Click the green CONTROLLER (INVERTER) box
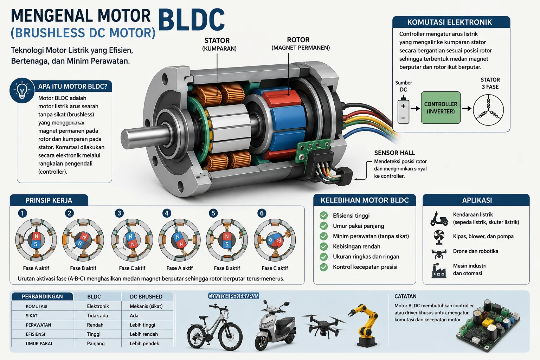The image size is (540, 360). (x=441, y=108)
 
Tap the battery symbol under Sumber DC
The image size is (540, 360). (x=403, y=110)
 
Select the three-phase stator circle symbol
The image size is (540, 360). (x=488, y=110)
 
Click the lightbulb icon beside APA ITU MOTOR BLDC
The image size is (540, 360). (x=22, y=90)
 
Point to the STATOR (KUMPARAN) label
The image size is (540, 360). (x=219, y=44)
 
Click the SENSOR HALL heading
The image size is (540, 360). (x=394, y=153)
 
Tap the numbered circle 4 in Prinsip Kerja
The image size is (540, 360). (x=167, y=213)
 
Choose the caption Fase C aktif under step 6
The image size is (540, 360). (x=275, y=268)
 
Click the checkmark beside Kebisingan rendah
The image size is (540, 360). (x=323, y=246)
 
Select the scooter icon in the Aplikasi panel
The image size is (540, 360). (x=439, y=219)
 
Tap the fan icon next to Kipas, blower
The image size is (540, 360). (x=439, y=237)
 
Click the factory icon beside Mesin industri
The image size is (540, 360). (x=439, y=271)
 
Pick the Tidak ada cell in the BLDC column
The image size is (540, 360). (x=97, y=316)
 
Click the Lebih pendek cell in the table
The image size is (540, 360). (x=144, y=343)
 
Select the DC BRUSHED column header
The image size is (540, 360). (x=146, y=297)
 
